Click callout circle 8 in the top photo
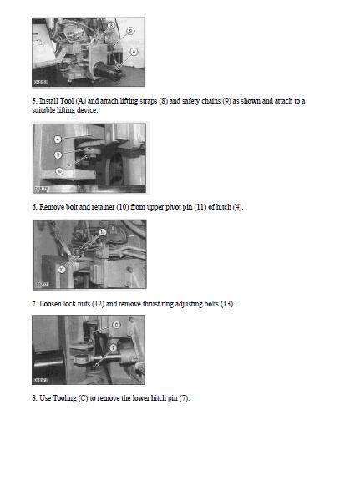(111, 25)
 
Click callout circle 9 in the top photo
(130, 31)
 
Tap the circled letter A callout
(134, 52)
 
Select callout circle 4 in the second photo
(58, 139)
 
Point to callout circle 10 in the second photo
(59, 171)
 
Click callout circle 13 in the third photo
(103, 232)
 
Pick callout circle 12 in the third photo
(62, 270)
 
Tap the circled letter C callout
(116, 325)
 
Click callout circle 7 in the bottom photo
(113, 347)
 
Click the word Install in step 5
(48, 101)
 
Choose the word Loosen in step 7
(50, 304)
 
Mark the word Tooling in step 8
(64, 398)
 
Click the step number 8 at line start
(34, 398)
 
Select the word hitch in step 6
(224, 207)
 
